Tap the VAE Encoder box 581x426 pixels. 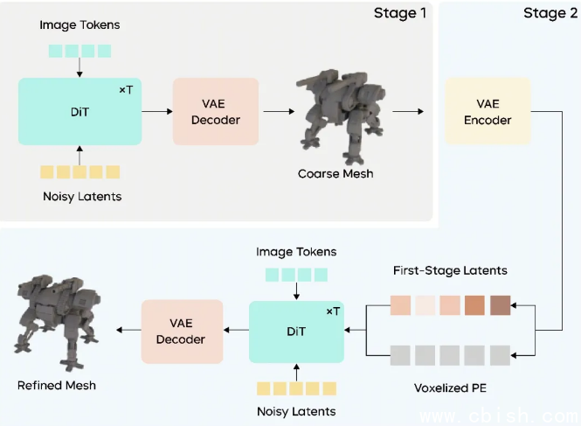tap(488, 111)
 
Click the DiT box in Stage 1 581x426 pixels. tap(80, 111)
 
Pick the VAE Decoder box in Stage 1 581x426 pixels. tap(216, 111)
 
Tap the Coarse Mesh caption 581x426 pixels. tap(335, 173)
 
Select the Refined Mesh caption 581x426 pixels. tap(57, 385)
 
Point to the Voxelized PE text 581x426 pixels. tap(449, 385)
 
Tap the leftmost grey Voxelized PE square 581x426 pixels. tap(399, 355)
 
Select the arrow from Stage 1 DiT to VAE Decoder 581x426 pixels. tap(156, 111)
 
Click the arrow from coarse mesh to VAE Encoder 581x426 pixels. tap(407, 111)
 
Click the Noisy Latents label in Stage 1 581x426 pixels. tap(81, 196)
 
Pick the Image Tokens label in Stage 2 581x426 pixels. tap(296, 252)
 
